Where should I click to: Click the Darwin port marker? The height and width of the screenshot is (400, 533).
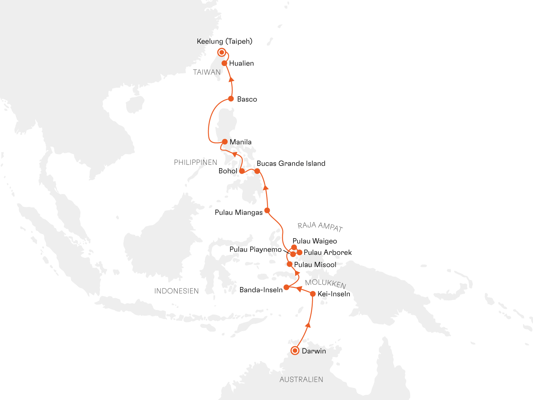pyautogui.click(x=295, y=350)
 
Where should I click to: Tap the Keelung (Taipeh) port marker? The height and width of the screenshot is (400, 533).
pyautogui.click(x=221, y=52)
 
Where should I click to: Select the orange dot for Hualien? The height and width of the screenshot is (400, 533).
pyautogui.click(x=224, y=63)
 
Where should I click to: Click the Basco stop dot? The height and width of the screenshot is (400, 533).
pyautogui.click(x=231, y=99)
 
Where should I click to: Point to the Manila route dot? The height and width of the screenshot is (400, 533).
pyautogui.click(x=225, y=141)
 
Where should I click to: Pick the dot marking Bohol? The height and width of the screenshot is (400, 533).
pyautogui.click(x=242, y=171)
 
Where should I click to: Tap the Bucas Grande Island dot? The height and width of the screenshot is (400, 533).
pyautogui.click(x=257, y=171)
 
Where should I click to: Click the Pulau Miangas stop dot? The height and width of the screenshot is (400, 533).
pyautogui.click(x=267, y=210)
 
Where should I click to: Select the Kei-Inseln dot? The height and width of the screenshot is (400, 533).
pyautogui.click(x=313, y=294)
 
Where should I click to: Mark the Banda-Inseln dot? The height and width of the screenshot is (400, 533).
pyautogui.click(x=286, y=287)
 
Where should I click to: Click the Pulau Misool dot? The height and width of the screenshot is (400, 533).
pyautogui.click(x=289, y=264)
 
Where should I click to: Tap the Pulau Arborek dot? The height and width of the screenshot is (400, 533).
pyautogui.click(x=300, y=253)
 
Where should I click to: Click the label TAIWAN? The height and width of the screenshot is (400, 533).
pyautogui.click(x=207, y=72)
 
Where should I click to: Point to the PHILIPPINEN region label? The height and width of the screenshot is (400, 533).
pyautogui.click(x=195, y=163)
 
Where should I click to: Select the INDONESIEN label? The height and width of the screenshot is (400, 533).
pyautogui.click(x=177, y=291)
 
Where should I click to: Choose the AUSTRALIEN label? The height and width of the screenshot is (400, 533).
pyautogui.click(x=301, y=380)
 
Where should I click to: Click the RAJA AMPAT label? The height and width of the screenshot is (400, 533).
pyautogui.click(x=320, y=227)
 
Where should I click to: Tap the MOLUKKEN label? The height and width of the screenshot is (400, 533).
pyautogui.click(x=325, y=284)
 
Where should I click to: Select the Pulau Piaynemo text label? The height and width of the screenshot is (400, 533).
pyautogui.click(x=255, y=250)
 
